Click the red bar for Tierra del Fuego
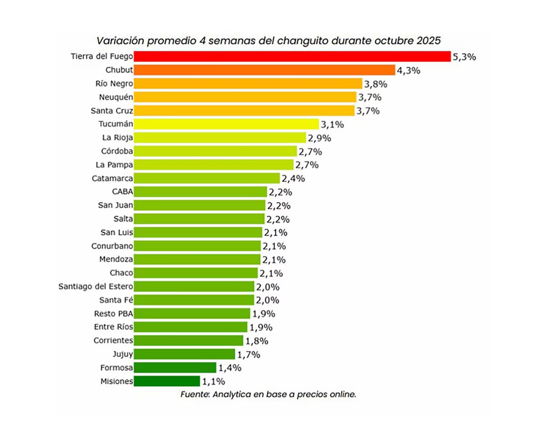coord(292,56)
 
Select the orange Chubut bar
coord(265,70)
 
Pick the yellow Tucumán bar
coord(227,124)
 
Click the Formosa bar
coord(175,368)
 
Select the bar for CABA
coord(200,192)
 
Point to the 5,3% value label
coord(464,57)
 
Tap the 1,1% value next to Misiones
coord(212,381)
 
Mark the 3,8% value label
coord(375,84)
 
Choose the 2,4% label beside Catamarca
coord(292,178)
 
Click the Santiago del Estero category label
coord(96,287)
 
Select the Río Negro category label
coord(114,84)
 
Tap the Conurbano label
coord(112,246)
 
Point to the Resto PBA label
coord(113,314)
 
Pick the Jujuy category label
coord(122,354)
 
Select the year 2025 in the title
coord(429,40)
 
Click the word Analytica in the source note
coord(232,395)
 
